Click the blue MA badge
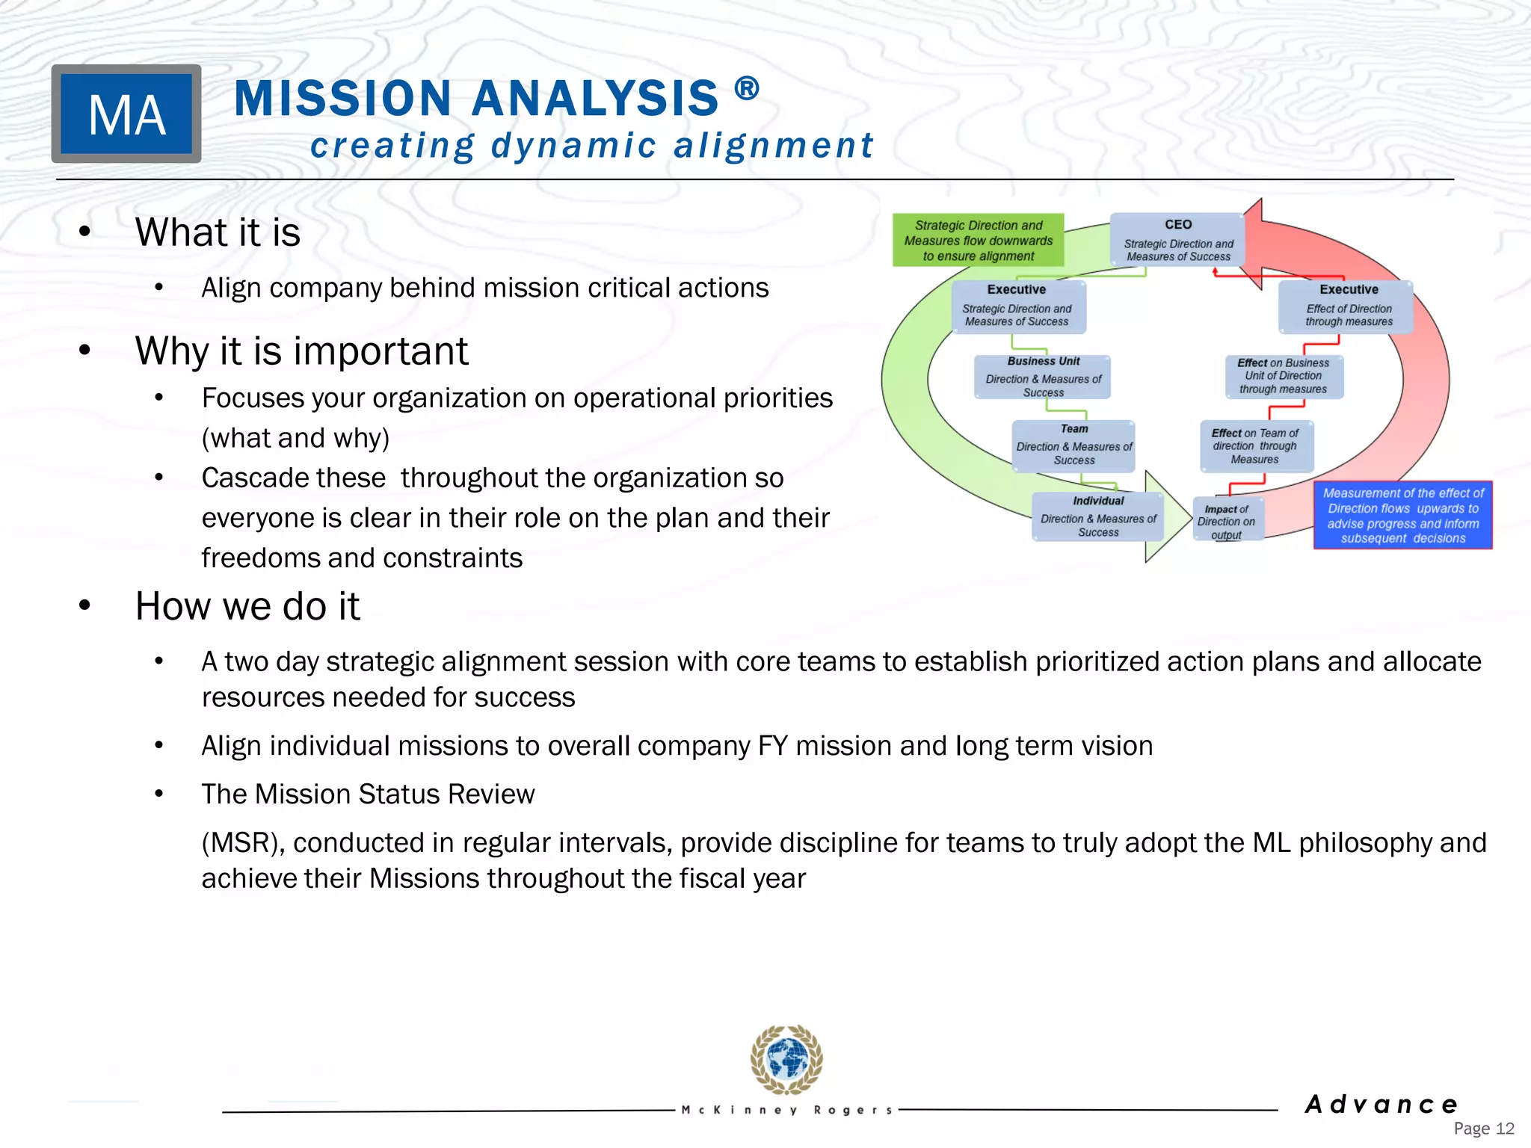pyautogui.click(x=126, y=114)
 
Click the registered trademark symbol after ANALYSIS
pyautogui.click(x=747, y=90)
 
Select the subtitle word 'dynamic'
pyautogui.click(x=573, y=145)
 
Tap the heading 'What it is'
pyautogui.click(x=218, y=232)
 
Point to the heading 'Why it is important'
pyautogui.click(x=301, y=351)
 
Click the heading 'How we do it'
pyautogui.click(x=247, y=605)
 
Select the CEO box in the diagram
pyautogui.click(x=1177, y=240)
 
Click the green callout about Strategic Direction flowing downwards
pyautogui.click(x=978, y=240)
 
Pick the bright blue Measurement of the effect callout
pyautogui.click(x=1402, y=516)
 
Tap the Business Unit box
pyautogui.click(x=1043, y=377)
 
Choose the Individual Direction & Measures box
pyautogui.click(x=1097, y=516)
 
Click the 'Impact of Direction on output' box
pyautogui.click(x=1227, y=520)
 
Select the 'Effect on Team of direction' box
pyautogui.click(x=1256, y=446)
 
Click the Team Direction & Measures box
pyautogui.click(x=1073, y=445)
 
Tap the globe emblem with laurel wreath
pyautogui.click(x=786, y=1059)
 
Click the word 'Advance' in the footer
pyautogui.click(x=1381, y=1104)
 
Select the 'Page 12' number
pyautogui.click(x=1483, y=1129)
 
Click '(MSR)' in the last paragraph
pyautogui.click(x=244, y=843)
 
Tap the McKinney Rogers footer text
pyautogui.click(x=787, y=1111)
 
